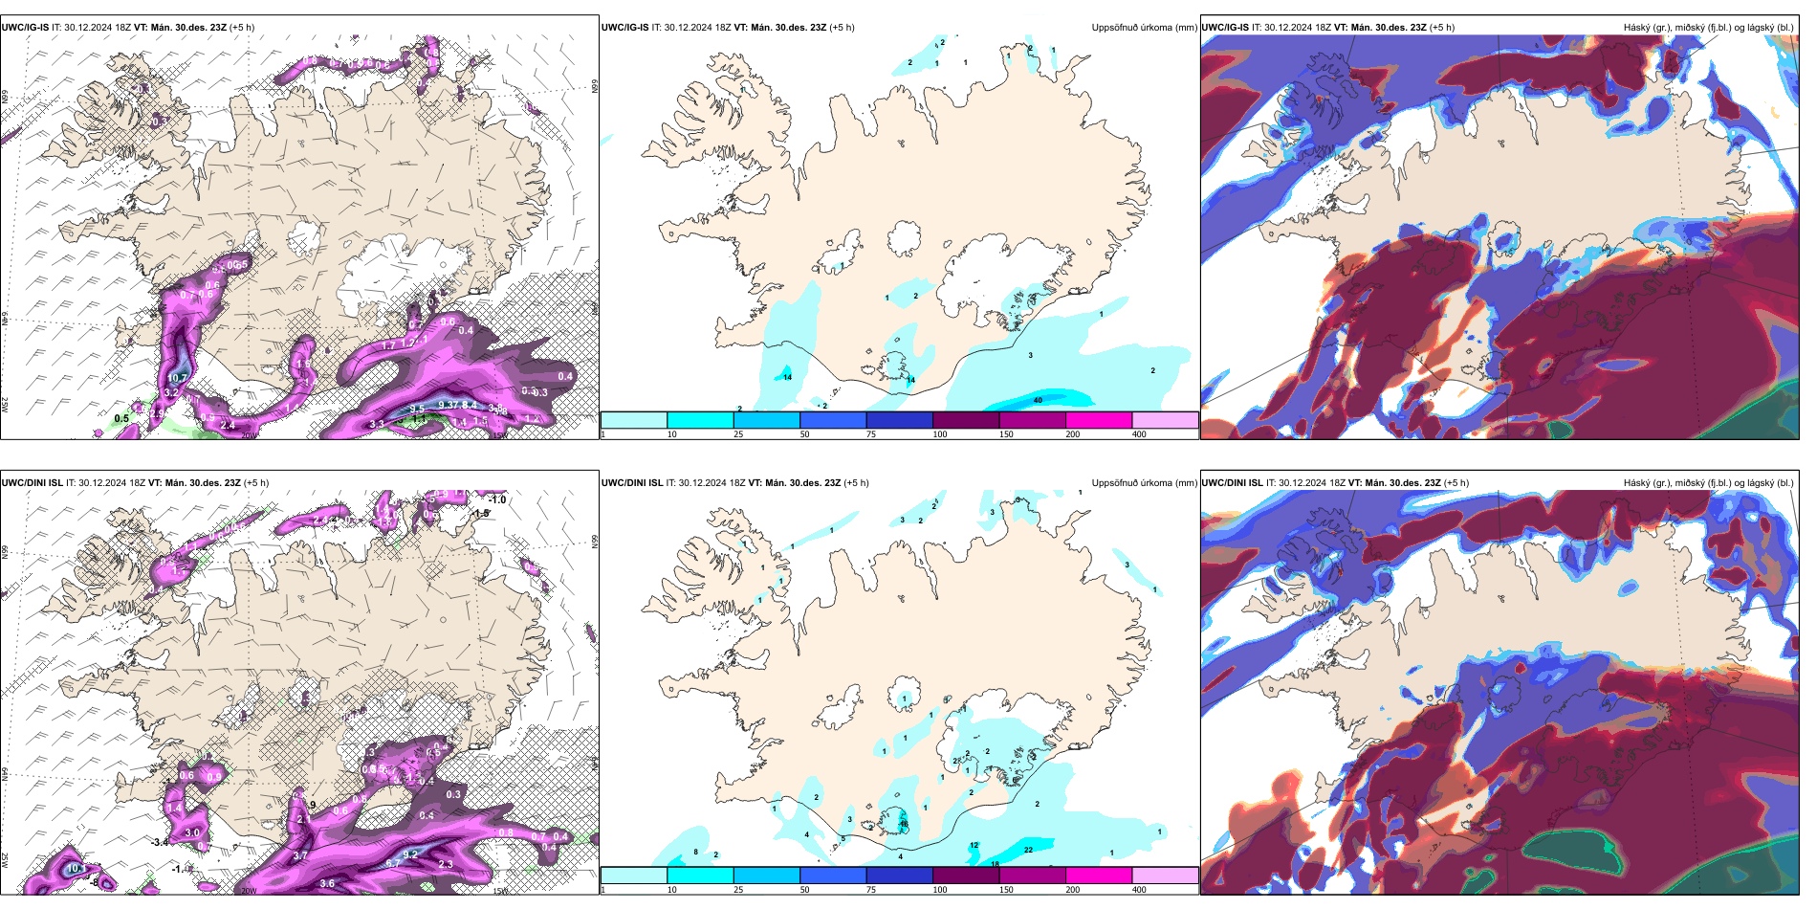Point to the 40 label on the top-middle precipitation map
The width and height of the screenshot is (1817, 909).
point(1038,400)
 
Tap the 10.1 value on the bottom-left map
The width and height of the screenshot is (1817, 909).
point(77,868)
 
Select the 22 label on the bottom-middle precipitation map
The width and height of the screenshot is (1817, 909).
point(1028,850)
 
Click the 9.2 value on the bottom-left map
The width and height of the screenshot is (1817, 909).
point(411,854)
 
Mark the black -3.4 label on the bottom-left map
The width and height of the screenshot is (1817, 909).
point(160,842)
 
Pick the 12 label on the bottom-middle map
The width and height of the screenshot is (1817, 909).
point(974,845)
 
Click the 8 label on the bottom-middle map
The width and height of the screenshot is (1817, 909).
point(696,852)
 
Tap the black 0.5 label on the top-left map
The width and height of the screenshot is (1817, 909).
point(121,418)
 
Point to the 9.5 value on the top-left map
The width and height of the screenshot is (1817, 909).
point(417,410)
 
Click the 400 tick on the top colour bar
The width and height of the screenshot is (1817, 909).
point(1139,434)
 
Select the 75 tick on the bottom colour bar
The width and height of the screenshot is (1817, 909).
point(871,890)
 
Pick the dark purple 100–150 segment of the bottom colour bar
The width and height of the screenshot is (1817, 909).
point(965,876)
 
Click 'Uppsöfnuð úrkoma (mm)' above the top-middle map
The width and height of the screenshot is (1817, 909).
point(1144,28)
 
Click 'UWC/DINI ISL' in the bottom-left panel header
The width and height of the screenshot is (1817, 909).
point(33,483)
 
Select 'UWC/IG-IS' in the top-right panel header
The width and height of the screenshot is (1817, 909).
point(1225,28)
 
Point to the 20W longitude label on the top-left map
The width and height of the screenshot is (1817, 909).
point(249,435)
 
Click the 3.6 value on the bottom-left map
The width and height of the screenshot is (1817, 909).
point(327,883)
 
